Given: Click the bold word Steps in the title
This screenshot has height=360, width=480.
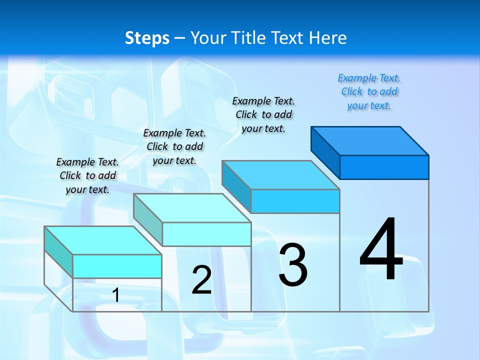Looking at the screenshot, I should click(x=147, y=38).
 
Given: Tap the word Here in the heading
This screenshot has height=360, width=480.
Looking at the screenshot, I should click(x=328, y=38).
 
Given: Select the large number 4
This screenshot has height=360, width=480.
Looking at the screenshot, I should click(x=381, y=250).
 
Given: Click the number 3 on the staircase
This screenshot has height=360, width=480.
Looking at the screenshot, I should click(x=293, y=264).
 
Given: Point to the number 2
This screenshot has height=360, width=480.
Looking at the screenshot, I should click(x=201, y=280).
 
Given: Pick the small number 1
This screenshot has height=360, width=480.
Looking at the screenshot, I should click(x=116, y=295).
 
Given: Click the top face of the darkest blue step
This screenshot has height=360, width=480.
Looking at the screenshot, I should click(x=370, y=140).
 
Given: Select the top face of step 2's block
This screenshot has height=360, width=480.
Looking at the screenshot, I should click(x=192, y=208).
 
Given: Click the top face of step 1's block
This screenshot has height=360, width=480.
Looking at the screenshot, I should click(x=103, y=240).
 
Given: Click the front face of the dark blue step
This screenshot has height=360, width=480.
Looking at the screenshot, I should click(x=384, y=167).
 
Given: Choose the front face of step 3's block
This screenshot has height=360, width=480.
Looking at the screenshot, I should click(x=295, y=201).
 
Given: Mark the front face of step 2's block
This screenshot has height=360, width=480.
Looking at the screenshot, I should click(x=206, y=234).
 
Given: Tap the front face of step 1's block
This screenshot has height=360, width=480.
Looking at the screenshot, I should click(x=117, y=266).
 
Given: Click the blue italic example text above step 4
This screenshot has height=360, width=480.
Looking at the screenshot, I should click(x=369, y=91).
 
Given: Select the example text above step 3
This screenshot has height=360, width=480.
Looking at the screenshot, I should click(x=263, y=114).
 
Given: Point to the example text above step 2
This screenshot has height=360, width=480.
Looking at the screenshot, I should click(x=174, y=146).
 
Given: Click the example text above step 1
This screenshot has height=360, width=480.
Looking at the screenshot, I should click(x=87, y=175).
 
